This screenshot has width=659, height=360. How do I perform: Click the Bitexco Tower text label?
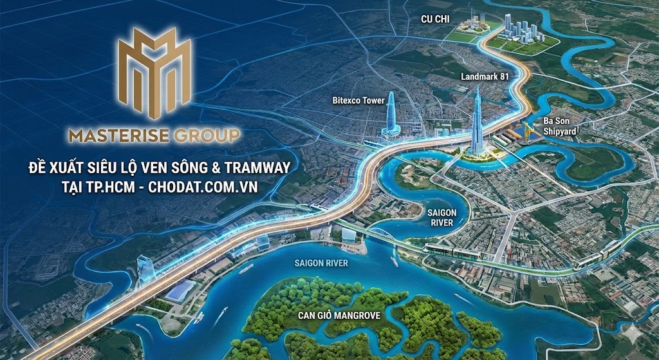[358, 100]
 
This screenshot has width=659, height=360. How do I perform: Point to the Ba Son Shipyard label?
[558, 126]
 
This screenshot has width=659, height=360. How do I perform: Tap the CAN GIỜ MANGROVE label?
[339, 316]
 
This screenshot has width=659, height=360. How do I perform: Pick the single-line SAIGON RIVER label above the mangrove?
[321, 263]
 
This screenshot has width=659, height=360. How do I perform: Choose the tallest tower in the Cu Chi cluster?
[508, 24]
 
